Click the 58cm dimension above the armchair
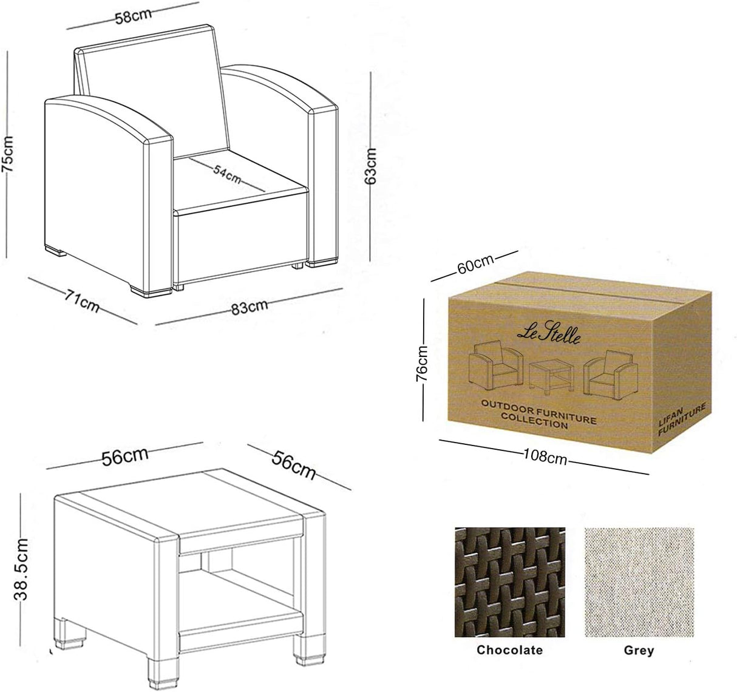point(134,16)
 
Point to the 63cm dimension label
point(371,165)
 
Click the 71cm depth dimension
point(82,300)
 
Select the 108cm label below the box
point(545,456)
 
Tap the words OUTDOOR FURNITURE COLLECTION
point(538,413)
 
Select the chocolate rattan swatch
point(510,582)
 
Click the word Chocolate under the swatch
point(510,650)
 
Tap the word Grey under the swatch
point(639,650)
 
